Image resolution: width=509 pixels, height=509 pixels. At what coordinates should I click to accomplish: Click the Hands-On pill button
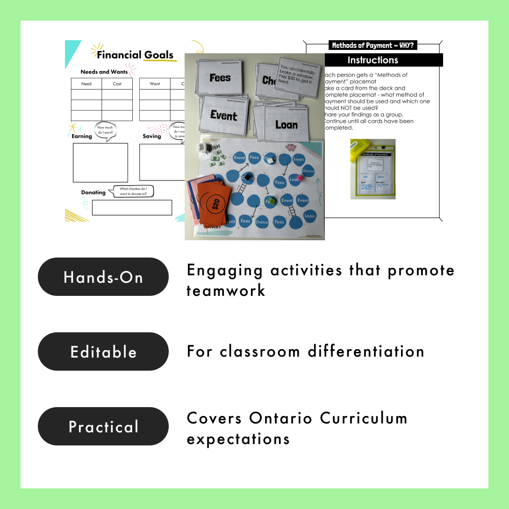coord(103,277)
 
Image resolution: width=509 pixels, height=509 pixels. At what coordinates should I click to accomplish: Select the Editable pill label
coord(103,351)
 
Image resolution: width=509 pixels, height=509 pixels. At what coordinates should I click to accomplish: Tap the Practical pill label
coord(103,426)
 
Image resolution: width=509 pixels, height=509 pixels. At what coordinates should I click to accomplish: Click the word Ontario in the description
coord(280,418)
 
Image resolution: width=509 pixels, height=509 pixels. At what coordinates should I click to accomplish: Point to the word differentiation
coord(363,351)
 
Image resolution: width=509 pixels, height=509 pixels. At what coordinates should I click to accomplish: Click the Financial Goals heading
coord(135,55)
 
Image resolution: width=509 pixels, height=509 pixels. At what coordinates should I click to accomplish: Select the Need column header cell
coord(86,84)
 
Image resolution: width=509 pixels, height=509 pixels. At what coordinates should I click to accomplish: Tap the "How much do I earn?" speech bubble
coord(105,129)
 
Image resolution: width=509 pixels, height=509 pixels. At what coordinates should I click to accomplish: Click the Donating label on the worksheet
coord(93,192)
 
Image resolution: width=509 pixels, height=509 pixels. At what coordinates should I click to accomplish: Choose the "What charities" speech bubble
coord(133,191)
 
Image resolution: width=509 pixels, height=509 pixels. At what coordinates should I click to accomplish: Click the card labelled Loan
coord(286,125)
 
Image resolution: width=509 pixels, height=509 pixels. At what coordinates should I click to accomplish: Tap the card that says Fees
coord(220,78)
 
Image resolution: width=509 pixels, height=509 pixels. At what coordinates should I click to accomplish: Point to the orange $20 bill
coord(215,204)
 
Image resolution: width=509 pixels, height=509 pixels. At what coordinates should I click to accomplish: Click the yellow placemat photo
coord(373,169)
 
